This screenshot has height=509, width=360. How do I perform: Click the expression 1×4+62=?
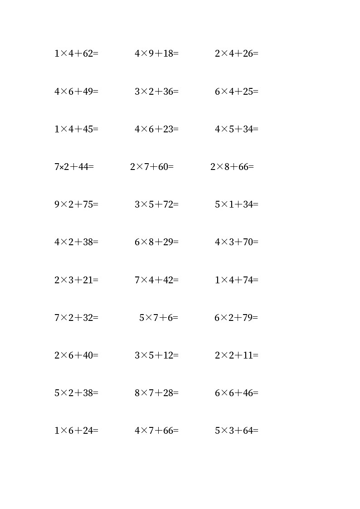click(x=76, y=53)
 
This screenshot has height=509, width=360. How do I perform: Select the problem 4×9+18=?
click(x=156, y=53)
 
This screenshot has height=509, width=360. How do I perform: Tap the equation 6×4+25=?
click(x=236, y=92)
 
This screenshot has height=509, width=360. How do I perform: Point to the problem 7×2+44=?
click(x=74, y=167)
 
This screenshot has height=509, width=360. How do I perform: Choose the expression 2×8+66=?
click(x=232, y=167)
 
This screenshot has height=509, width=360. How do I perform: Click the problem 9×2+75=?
click(x=76, y=204)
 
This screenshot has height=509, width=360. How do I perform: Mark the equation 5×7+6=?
click(x=159, y=318)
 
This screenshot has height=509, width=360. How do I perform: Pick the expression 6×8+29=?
click(x=156, y=242)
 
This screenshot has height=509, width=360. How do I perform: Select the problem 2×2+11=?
click(x=236, y=355)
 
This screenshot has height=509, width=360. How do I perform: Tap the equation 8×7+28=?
click(x=156, y=393)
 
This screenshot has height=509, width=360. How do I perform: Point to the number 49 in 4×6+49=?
click(x=88, y=92)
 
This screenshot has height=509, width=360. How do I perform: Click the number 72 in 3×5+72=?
click(x=169, y=204)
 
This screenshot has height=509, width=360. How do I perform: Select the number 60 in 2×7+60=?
click(x=164, y=167)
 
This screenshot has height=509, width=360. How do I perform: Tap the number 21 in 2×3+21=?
click(x=88, y=280)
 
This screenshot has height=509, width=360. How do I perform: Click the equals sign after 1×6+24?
click(x=96, y=431)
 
